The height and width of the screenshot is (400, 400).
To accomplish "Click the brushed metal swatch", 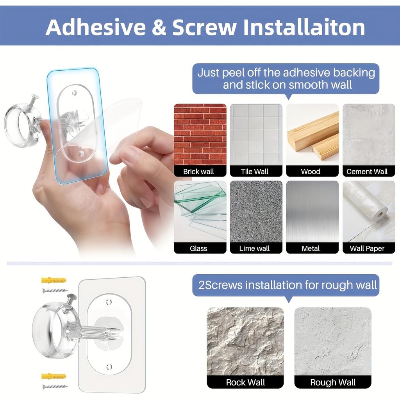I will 312,211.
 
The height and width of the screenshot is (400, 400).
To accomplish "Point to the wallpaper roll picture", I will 368,211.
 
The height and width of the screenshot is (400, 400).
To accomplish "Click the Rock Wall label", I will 245,382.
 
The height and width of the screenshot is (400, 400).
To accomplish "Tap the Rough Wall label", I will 333,382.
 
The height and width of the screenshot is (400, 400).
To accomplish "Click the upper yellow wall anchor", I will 54,280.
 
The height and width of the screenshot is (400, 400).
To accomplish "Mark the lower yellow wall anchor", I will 54,376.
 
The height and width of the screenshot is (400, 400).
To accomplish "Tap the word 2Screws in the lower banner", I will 220,285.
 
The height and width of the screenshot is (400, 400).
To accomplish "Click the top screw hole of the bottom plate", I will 109,302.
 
